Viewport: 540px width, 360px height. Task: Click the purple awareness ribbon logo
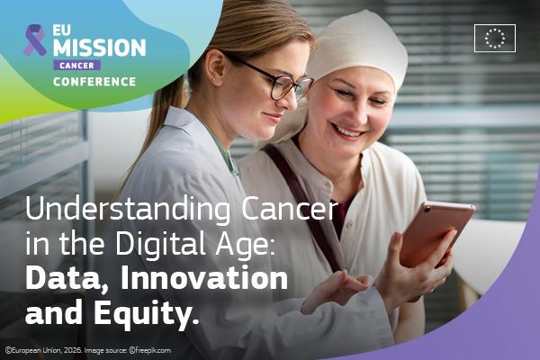click(x=35, y=40)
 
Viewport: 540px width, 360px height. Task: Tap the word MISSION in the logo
click(x=100, y=47)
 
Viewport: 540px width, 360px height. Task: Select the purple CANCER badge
click(x=77, y=65)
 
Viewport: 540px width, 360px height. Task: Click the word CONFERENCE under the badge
click(x=94, y=82)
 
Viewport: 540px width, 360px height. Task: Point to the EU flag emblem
click(x=495, y=38)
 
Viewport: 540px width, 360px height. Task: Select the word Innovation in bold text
click(x=204, y=278)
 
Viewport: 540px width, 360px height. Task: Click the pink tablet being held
click(x=436, y=233)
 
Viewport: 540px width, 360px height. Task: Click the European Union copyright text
click(x=44, y=351)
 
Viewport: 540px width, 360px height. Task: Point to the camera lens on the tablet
click(x=427, y=209)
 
